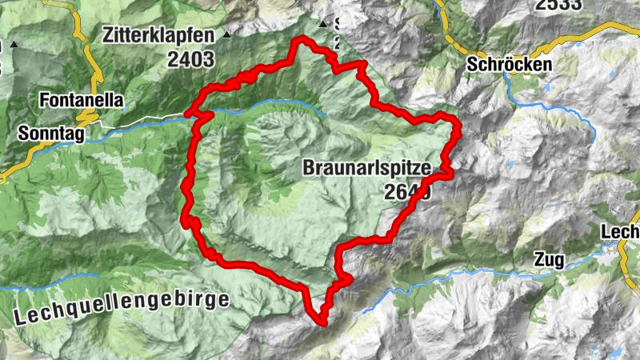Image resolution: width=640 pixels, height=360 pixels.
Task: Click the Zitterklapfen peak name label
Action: tap(158, 36)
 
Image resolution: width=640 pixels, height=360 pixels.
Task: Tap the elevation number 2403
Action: tap(191, 58)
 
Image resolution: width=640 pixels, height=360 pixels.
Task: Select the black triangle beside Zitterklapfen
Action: tap(227, 35)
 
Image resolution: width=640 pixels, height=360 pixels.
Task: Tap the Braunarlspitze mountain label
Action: tap(367, 168)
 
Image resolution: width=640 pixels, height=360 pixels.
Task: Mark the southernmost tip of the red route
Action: tap(322, 322)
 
